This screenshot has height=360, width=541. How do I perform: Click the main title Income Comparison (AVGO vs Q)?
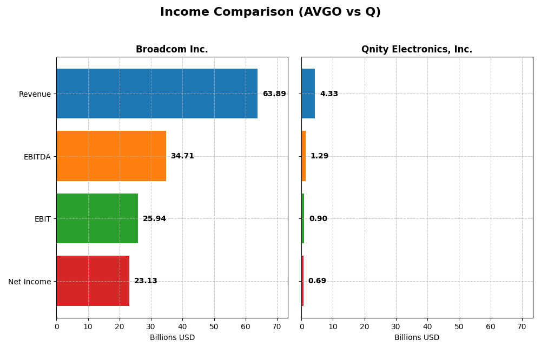click(x=270, y=12)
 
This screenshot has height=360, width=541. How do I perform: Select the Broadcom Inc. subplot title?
click(x=171, y=49)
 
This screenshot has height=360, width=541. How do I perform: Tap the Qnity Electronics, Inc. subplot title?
click(x=417, y=49)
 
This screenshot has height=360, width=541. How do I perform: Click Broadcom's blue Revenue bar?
click(x=157, y=94)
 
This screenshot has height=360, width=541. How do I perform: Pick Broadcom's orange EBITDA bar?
click(x=111, y=156)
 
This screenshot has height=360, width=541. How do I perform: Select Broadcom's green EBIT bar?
click(x=97, y=218)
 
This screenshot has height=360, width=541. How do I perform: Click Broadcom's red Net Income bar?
click(x=93, y=281)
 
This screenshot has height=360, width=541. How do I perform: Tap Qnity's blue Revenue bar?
click(x=308, y=94)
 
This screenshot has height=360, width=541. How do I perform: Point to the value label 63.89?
click(x=274, y=94)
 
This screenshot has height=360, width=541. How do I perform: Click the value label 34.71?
click(x=182, y=156)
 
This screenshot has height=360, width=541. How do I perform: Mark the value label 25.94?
click(x=154, y=219)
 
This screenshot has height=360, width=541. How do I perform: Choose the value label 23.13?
click(x=146, y=281)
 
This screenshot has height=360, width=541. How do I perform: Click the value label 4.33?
click(x=329, y=94)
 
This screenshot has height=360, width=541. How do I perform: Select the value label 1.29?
click(x=319, y=156)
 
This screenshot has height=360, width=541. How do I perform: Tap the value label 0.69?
click(x=317, y=281)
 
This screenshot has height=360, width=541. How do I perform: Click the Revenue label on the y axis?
click(x=35, y=94)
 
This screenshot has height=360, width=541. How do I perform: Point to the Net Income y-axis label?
click(x=29, y=282)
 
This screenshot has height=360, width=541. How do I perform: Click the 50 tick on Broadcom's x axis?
click(x=214, y=326)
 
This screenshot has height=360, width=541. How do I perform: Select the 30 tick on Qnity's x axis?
click(x=396, y=326)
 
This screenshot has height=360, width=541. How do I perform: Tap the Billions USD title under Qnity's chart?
click(x=417, y=338)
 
